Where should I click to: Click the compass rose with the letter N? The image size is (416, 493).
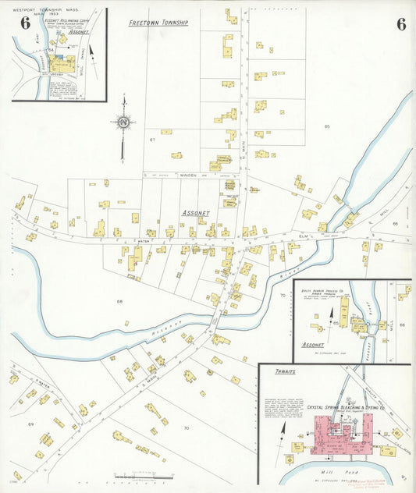click(x=123, y=122)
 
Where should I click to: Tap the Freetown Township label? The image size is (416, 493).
click(x=158, y=23)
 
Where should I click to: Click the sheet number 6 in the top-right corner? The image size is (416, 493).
click(x=400, y=24)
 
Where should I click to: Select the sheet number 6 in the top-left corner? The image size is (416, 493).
click(x=25, y=23)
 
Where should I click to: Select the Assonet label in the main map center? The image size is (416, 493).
click(x=195, y=212)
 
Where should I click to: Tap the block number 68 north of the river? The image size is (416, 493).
click(x=119, y=301)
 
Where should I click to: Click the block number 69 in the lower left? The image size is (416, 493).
click(x=31, y=424)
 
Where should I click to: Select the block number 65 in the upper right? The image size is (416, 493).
click(x=327, y=126)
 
